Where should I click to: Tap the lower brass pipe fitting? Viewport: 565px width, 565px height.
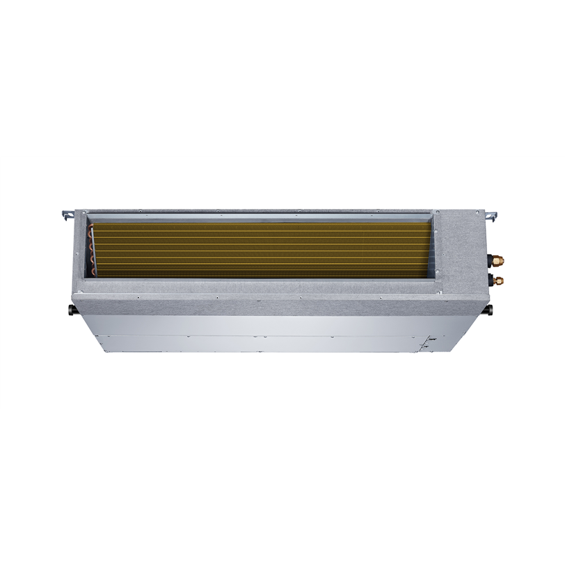point(499,280)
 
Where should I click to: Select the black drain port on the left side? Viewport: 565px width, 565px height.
point(72,308)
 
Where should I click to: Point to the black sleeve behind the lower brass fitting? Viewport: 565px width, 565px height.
point(491,281)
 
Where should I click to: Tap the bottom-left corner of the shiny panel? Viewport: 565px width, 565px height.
point(97,349)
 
